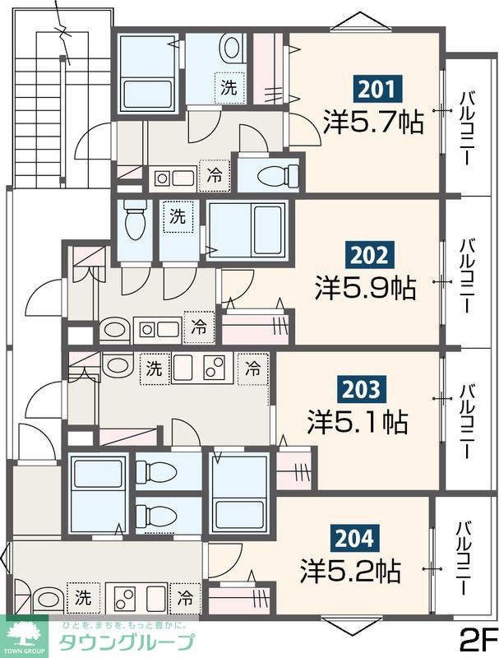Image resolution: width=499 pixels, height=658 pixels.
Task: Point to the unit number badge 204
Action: pyautogui.click(x=355, y=539)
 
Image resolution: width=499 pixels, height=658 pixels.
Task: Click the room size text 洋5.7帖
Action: pyautogui.click(x=373, y=122)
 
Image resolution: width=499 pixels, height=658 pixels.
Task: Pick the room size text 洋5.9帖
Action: pyautogui.click(x=365, y=288)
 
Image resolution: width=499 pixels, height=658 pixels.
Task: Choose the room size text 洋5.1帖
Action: pyautogui.click(x=358, y=423)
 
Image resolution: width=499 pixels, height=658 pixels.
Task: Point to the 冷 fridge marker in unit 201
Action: pyautogui.click(x=215, y=175)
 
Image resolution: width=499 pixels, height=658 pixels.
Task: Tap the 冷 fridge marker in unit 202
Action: pyautogui.click(x=199, y=327)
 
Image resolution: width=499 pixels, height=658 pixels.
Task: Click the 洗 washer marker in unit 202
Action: pyautogui.click(x=178, y=217)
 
